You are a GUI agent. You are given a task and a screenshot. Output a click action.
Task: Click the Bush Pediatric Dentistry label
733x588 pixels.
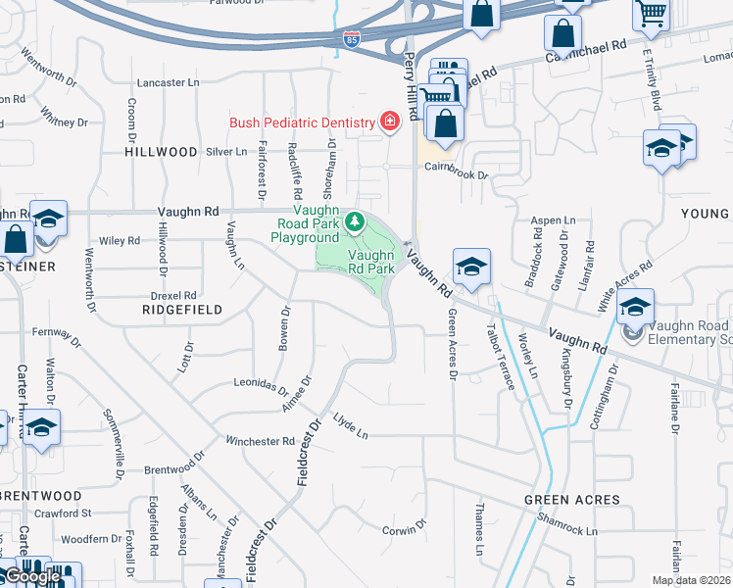[302, 122]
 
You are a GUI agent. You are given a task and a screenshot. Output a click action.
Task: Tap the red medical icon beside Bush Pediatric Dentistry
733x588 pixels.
[390, 122]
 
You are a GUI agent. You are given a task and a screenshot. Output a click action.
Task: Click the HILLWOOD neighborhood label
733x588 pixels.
[162, 152]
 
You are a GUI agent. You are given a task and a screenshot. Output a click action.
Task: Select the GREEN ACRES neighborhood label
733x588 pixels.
[571, 500]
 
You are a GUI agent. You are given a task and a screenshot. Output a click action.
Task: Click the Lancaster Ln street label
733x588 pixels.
[168, 83]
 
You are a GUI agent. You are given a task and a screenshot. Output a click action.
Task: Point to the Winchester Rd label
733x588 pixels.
[260, 441]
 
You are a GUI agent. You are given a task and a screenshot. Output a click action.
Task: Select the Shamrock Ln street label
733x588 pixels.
[568, 530]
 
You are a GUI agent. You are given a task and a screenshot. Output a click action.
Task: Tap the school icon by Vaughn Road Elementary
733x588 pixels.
[635, 308]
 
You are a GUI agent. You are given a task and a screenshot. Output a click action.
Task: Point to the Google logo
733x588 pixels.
[32, 577]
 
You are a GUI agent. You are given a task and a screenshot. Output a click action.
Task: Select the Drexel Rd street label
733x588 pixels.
[174, 295]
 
